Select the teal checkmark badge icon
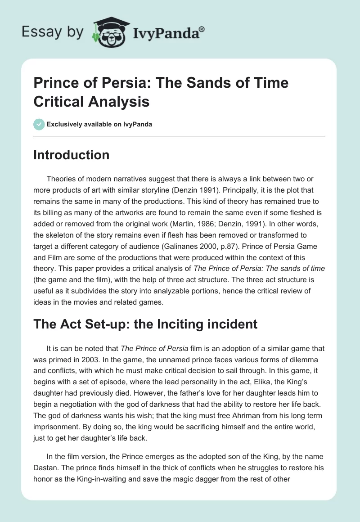click(39, 124)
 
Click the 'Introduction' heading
click(72, 155)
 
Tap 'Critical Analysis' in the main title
click(91, 102)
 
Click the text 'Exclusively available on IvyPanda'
click(99, 124)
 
